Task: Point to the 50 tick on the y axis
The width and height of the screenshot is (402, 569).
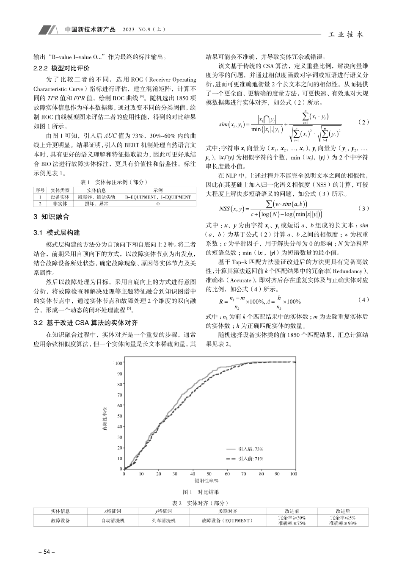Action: click(x=120, y=416)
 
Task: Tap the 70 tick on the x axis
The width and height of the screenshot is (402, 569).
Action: click(x=243, y=474)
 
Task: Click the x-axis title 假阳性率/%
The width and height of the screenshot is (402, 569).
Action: click(x=206, y=481)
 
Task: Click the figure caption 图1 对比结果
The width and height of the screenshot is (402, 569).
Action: click(x=201, y=492)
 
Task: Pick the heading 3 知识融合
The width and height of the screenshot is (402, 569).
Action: click(x=51, y=217)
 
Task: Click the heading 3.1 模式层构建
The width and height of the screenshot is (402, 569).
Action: click(x=57, y=232)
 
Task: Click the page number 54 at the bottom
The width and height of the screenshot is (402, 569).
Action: click(x=44, y=552)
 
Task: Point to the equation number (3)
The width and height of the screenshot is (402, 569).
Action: click(x=363, y=208)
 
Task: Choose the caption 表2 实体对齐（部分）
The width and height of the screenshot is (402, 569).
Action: click(x=201, y=503)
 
